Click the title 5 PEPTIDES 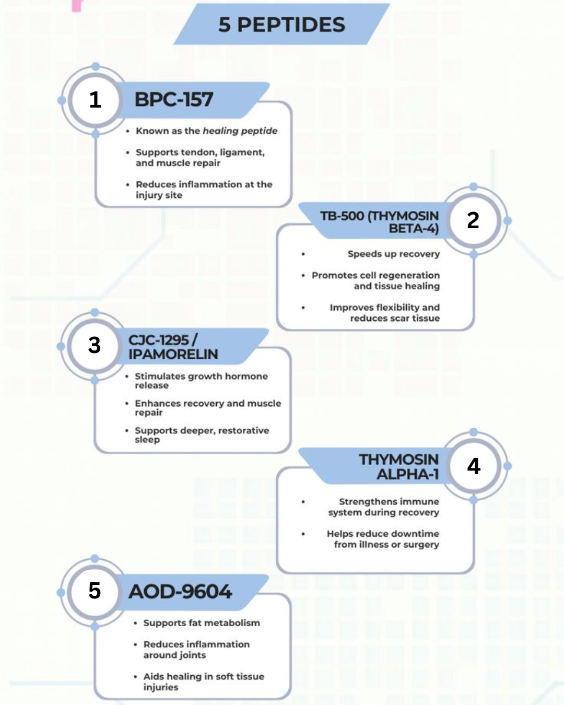tap(282, 25)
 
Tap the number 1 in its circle tap(95, 100)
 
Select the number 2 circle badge tap(473, 220)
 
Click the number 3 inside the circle tap(95, 346)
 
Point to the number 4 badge tap(474, 466)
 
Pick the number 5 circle tap(95, 591)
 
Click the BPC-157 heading tap(174, 100)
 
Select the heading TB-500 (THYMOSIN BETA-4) tap(380, 222)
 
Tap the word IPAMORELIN tap(173, 355)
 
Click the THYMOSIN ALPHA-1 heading tap(399, 467)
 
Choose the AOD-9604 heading tap(180, 592)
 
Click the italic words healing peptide tap(240, 131)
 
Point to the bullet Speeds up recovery tap(394, 254)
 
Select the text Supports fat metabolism tap(202, 623)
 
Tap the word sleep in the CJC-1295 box tap(147, 440)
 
